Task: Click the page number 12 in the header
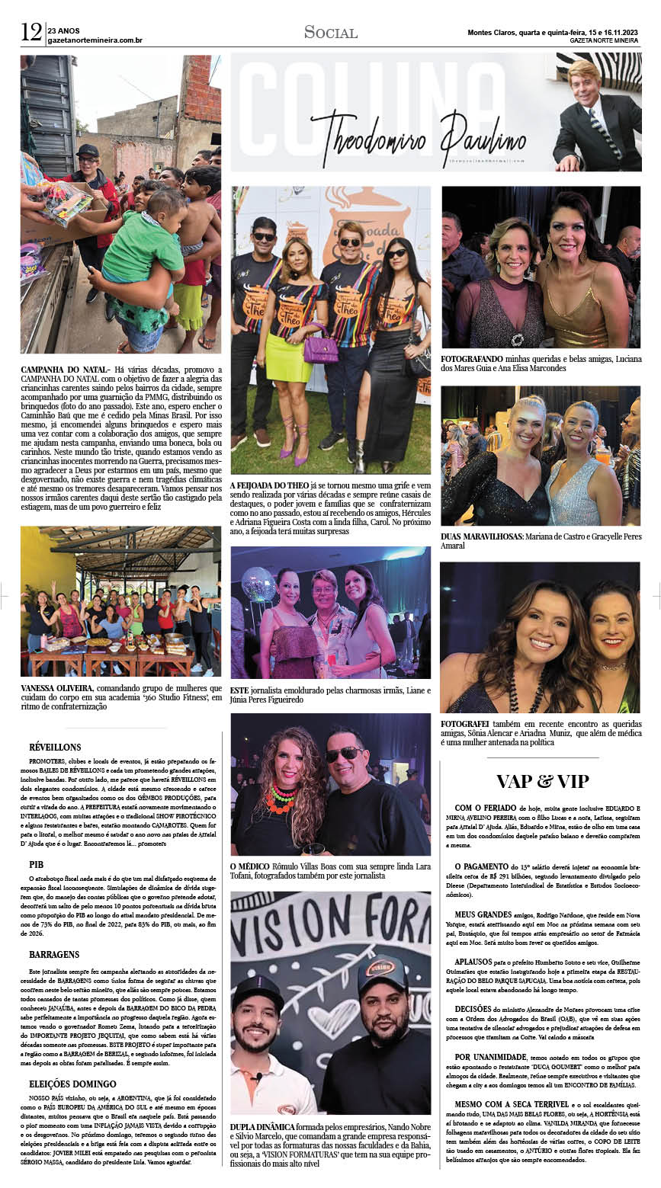click(x=30, y=32)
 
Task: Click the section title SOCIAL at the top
click(x=330, y=32)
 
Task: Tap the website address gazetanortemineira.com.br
click(x=95, y=40)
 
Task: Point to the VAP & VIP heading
click(x=542, y=781)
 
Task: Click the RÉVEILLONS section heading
click(x=55, y=748)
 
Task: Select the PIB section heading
click(x=37, y=865)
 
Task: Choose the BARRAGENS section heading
click(x=54, y=954)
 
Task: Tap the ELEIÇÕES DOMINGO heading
click(x=72, y=1084)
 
